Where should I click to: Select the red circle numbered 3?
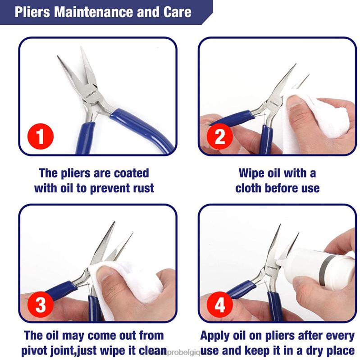[x=41, y=305]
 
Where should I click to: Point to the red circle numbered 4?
[x=219, y=305]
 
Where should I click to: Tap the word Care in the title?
[x=176, y=11]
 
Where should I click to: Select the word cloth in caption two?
[x=251, y=187]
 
